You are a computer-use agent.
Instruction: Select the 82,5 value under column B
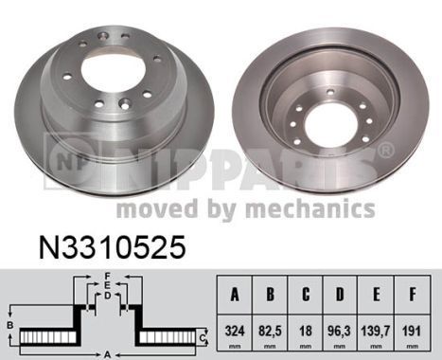271,333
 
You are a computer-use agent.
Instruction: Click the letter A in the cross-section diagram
108,354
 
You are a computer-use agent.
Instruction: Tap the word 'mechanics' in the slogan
317,208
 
